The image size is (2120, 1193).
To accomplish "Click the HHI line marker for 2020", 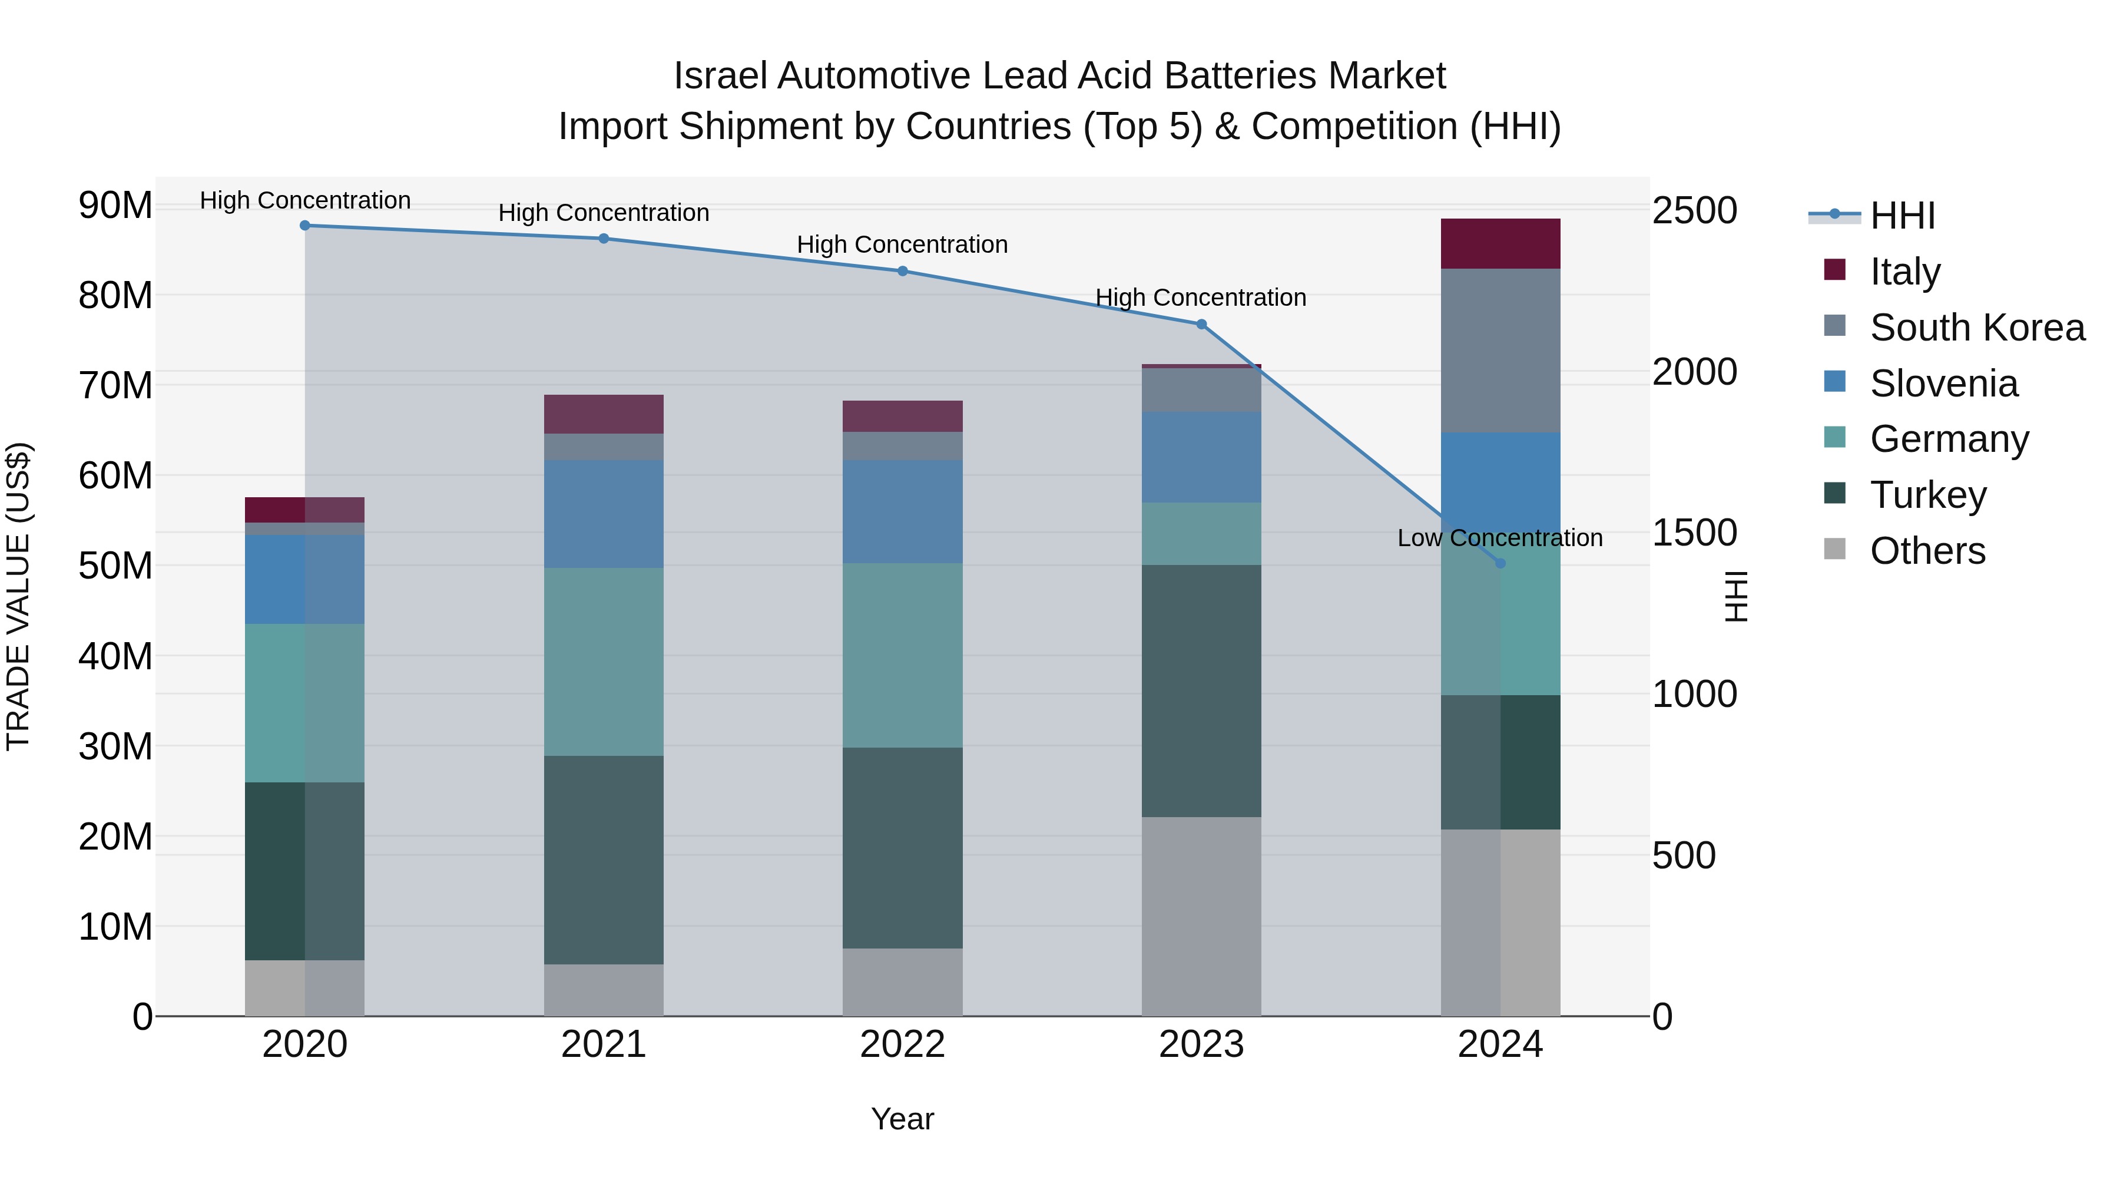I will coord(304,226).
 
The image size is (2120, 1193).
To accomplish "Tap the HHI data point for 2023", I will coord(1201,325).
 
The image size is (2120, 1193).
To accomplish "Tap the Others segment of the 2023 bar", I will coord(1201,916).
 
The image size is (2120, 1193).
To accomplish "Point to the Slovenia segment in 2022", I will coord(902,511).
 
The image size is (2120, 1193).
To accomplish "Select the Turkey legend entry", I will coord(1927,495).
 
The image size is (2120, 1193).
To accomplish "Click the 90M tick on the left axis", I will coord(115,205).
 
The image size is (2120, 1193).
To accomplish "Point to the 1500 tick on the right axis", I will coord(1694,533).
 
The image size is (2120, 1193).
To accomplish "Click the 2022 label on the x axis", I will coord(902,1045).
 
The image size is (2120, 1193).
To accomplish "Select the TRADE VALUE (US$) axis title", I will coord(19,596).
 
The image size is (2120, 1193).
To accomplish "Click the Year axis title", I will coord(902,1119).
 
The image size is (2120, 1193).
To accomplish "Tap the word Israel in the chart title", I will coord(720,76).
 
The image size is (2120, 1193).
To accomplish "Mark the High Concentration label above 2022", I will coord(902,244).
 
